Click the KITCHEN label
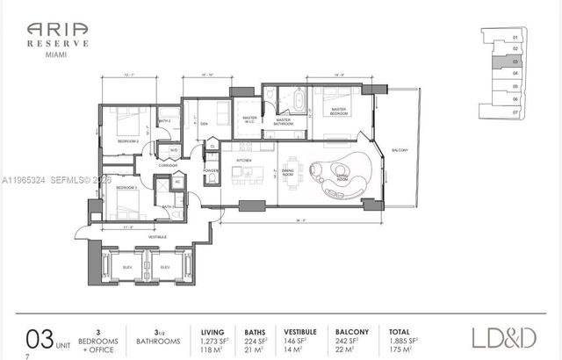(x=244, y=160)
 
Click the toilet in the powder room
(x=212, y=179)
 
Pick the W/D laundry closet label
(x=174, y=150)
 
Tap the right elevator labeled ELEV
(x=164, y=267)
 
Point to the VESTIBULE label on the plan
(x=157, y=237)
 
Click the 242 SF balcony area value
(x=348, y=339)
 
